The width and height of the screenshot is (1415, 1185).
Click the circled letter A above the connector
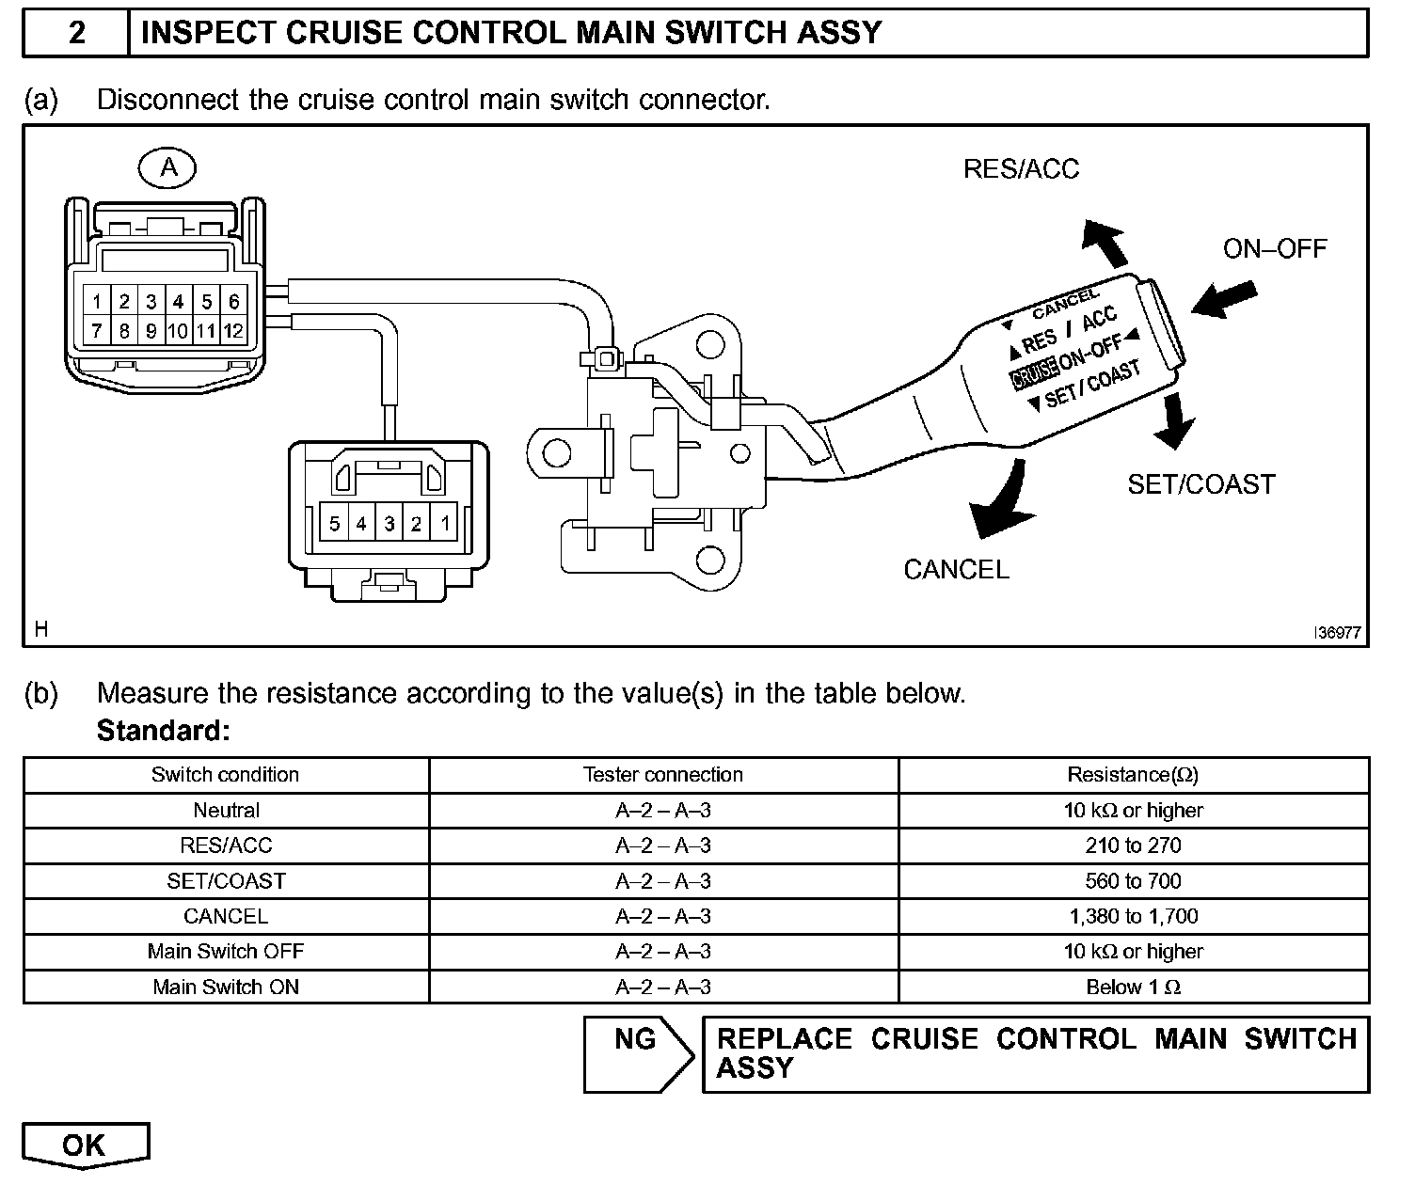pos(167,168)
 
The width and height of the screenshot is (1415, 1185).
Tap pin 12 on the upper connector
pos(233,330)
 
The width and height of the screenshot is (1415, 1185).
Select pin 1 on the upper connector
pos(97,302)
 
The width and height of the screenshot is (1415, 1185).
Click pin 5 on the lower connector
pos(334,523)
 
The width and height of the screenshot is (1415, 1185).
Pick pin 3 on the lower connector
pos(390,523)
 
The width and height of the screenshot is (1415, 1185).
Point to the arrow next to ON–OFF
pos(1223,298)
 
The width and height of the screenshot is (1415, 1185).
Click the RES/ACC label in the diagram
pos(1021,169)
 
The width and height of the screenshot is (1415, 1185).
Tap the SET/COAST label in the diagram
pos(1200,484)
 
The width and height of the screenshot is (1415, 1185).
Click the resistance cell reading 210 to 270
pos(1133,845)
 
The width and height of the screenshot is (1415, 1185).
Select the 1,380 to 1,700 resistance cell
pos(1133,916)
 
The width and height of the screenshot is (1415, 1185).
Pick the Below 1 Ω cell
pos(1133,987)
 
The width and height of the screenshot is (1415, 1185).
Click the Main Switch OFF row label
pos(226,951)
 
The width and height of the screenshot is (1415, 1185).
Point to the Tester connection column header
pos(662,775)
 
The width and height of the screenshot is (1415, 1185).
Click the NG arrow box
pos(638,1053)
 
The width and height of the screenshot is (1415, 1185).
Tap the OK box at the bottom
pos(85,1145)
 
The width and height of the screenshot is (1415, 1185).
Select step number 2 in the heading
pos(77,33)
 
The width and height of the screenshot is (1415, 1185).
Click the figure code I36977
pos(1337,633)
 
